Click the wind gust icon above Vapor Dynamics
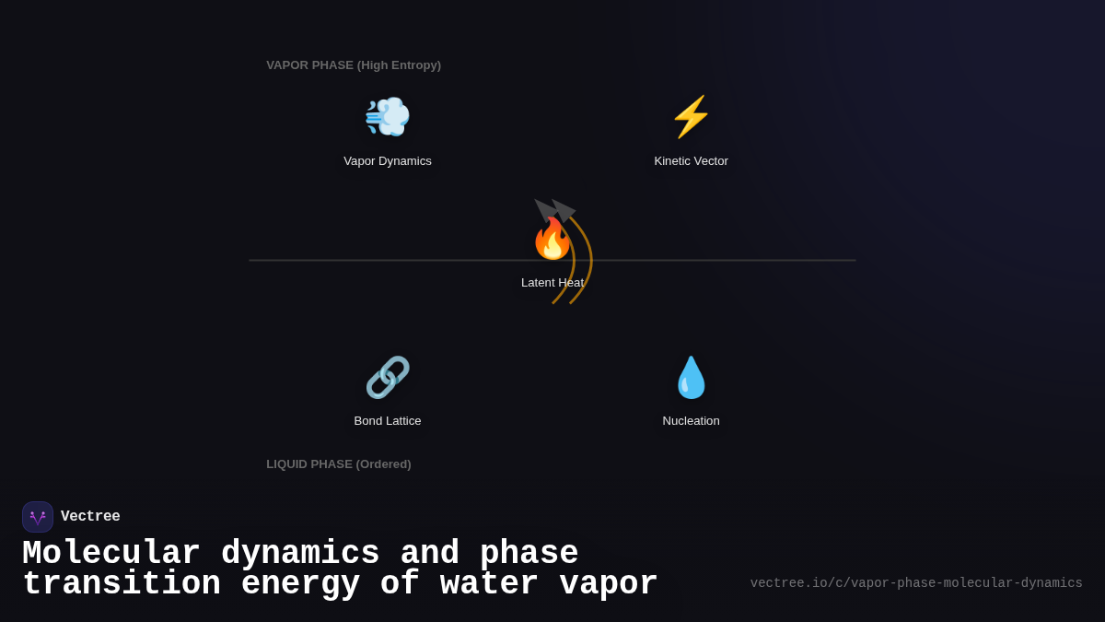[x=388, y=117]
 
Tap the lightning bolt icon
[x=692, y=117]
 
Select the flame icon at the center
[x=552, y=240]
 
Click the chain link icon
[x=388, y=378]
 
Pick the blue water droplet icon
[x=692, y=378]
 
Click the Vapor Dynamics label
[x=388, y=161]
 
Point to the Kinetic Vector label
[x=692, y=161]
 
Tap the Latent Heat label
[x=552, y=283]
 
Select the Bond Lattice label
[x=388, y=421]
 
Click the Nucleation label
[x=692, y=421]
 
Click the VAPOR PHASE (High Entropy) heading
[x=354, y=65]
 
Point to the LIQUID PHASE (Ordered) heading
[x=339, y=464]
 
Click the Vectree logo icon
[x=38, y=517]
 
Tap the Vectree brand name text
[x=90, y=517]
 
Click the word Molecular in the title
[x=110, y=554]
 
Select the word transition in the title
[x=122, y=584]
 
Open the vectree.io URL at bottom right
[x=916, y=583]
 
